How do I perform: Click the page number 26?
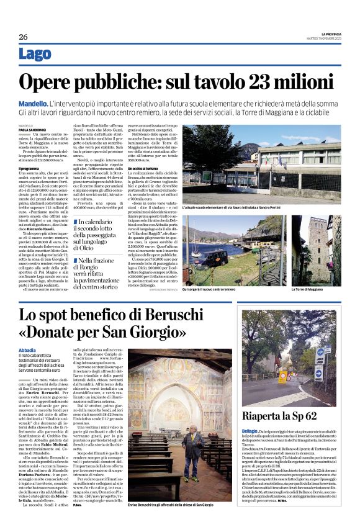click(x=23, y=37)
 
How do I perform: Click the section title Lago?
click(x=35, y=55)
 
